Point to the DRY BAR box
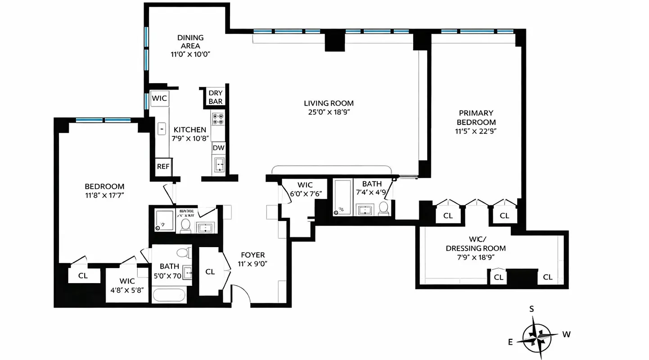pos(216,97)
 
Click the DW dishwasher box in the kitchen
pos(219,148)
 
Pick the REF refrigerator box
pos(163,166)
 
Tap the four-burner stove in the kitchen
pos(218,119)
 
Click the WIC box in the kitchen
pos(159,99)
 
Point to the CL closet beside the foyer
pos(210,272)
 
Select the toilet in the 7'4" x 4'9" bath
pos(383,208)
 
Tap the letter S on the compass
pos(532,309)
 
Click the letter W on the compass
pos(567,334)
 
